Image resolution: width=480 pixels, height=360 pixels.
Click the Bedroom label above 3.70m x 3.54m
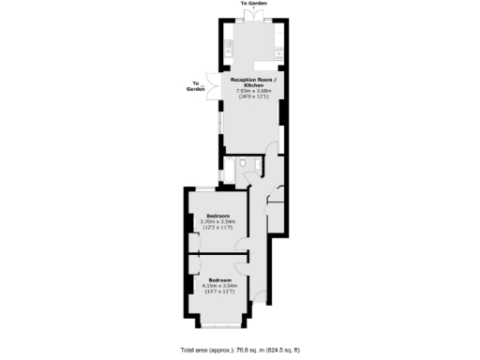click(217, 216)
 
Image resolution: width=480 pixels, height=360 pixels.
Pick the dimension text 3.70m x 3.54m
click(217, 221)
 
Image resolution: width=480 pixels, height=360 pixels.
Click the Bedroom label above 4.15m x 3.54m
click(220, 281)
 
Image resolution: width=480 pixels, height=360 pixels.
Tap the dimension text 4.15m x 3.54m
click(220, 287)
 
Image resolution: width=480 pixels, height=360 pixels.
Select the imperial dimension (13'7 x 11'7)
click(220, 292)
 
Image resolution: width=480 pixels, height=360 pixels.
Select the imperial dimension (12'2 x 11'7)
click(217, 227)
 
